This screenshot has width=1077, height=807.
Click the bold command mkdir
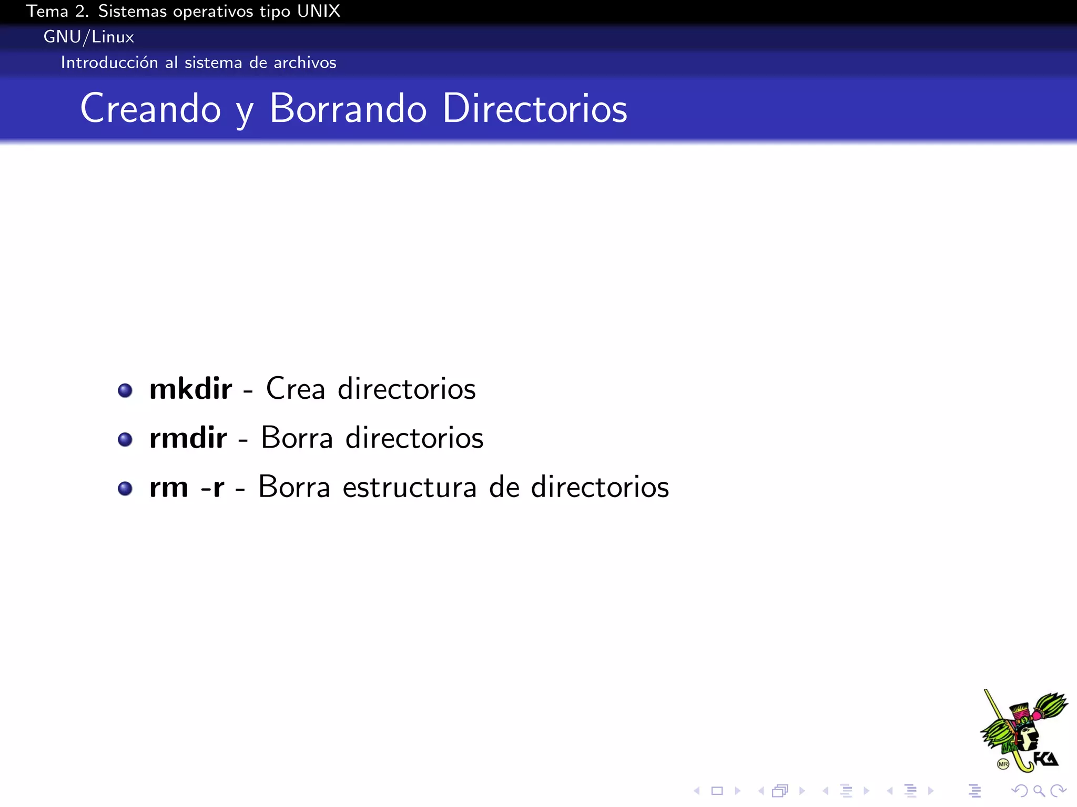(190, 389)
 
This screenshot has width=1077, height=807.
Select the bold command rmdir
(188, 438)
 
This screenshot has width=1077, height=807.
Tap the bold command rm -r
(187, 488)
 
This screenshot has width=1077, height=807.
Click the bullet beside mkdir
(125, 390)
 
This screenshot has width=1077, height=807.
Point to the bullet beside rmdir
(125, 439)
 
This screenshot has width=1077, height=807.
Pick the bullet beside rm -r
(125, 489)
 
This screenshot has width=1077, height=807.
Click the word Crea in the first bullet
(296, 389)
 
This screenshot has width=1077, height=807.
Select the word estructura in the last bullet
(410, 488)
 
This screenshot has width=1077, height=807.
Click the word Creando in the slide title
(150, 109)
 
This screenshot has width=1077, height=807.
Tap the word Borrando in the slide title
(348, 109)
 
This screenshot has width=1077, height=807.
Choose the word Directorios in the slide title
(535, 109)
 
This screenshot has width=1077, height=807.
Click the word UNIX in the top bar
(318, 11)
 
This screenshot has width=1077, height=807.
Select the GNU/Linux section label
(88, 37)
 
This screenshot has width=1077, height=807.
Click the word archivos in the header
(304, 63)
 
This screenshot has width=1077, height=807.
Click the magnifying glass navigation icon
(1038, 791)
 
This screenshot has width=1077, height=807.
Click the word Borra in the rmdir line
(297, 438)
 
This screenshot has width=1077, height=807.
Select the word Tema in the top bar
(47, 11)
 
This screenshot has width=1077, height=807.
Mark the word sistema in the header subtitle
(214, 63)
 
